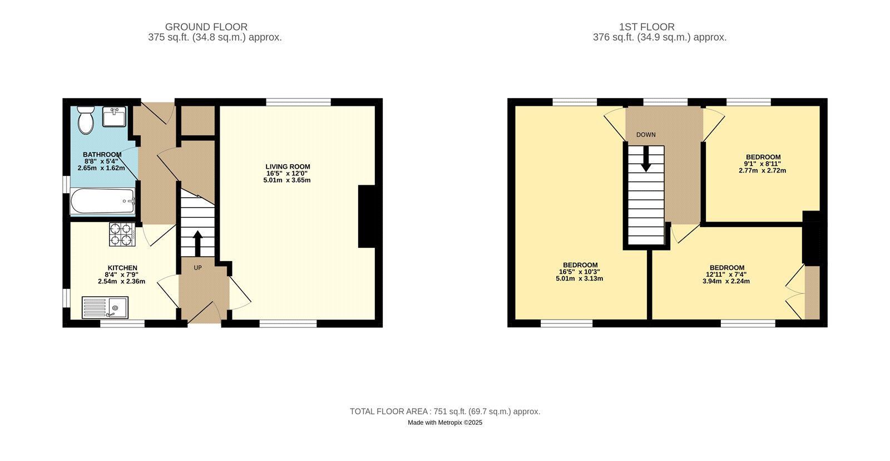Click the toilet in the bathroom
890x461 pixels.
point(86,120)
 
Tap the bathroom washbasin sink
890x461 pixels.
point(115,117)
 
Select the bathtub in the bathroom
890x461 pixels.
point(102,202)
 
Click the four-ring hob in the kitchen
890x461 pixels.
point(122,234)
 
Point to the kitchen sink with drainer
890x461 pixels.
point(105,307)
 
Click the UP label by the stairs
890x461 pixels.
point(197,268)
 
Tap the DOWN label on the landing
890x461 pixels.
point(646,135)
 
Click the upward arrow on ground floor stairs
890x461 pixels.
point(197,243)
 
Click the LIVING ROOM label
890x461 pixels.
point(288,166)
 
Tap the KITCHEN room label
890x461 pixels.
point(122,268)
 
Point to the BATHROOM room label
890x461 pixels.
point(102,155)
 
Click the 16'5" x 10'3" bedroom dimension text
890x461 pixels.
point(580,272)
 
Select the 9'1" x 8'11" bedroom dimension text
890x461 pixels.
point(763,164)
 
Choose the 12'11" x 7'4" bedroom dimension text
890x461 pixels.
point(726,274)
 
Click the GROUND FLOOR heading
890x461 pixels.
point(206,27)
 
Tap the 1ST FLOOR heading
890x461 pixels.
point(647,27)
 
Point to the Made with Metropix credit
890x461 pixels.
point(445,423)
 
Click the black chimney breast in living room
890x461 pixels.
point(367,216)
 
